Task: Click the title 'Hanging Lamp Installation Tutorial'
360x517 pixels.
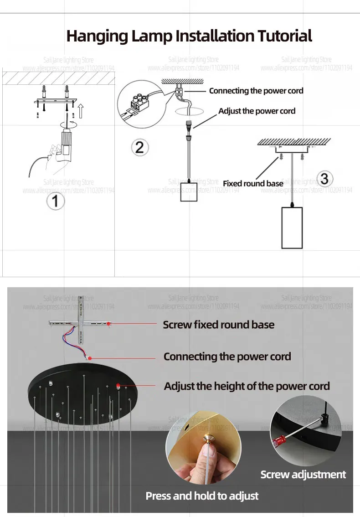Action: [x=189, y=36]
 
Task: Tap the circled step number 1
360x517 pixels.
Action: [x=56, y=200]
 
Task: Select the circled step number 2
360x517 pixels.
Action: [x=139, y=147]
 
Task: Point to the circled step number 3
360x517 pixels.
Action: [x=324, y=178]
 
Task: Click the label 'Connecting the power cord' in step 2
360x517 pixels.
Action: [x=256, y=91]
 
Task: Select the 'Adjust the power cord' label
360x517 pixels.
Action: [x=257, y=111]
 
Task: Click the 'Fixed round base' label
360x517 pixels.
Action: [x=252, y=183]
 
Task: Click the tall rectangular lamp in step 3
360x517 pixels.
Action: [x=292, y=227]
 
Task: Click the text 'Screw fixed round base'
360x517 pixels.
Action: [x=219, y=325]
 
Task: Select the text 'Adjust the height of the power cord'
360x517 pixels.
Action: [x=247, y=386]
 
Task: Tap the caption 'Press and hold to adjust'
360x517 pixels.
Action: [x=202, y=496]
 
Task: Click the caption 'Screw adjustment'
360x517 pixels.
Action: [x=303, y=475]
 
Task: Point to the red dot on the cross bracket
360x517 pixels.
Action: [x=109, y=324]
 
